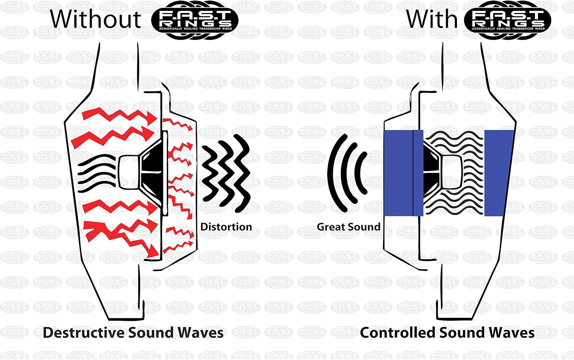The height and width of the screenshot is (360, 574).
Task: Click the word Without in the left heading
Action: (96, 19)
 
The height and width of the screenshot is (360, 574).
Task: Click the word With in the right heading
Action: (432, 19)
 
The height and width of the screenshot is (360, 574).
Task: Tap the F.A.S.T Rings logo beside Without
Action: (194, 20)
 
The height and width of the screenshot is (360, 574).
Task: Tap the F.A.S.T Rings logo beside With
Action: (507, 20)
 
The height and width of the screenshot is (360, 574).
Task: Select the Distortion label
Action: (226, 227)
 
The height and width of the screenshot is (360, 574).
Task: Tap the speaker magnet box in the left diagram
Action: (128, 172)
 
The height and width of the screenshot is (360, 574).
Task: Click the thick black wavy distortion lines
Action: (226, 172)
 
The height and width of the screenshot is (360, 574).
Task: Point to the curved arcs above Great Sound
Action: (346, 172)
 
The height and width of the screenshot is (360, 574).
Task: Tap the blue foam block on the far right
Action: (498, 173)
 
